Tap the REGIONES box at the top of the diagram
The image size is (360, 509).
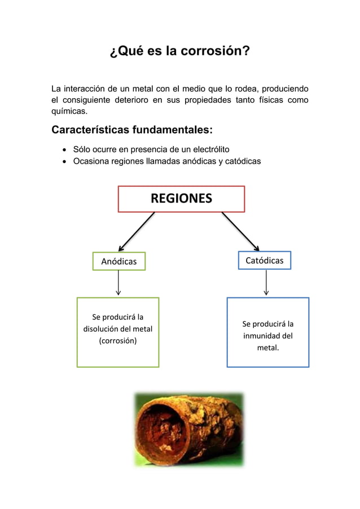181,199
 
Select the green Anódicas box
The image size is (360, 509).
119,261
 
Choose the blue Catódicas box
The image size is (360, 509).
265,261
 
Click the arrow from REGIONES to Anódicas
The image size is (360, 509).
136,231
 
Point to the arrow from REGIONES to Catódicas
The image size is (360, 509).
240,231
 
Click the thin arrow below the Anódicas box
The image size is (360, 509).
118,283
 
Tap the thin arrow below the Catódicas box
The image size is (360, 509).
266,282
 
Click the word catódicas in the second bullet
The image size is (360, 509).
241,162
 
